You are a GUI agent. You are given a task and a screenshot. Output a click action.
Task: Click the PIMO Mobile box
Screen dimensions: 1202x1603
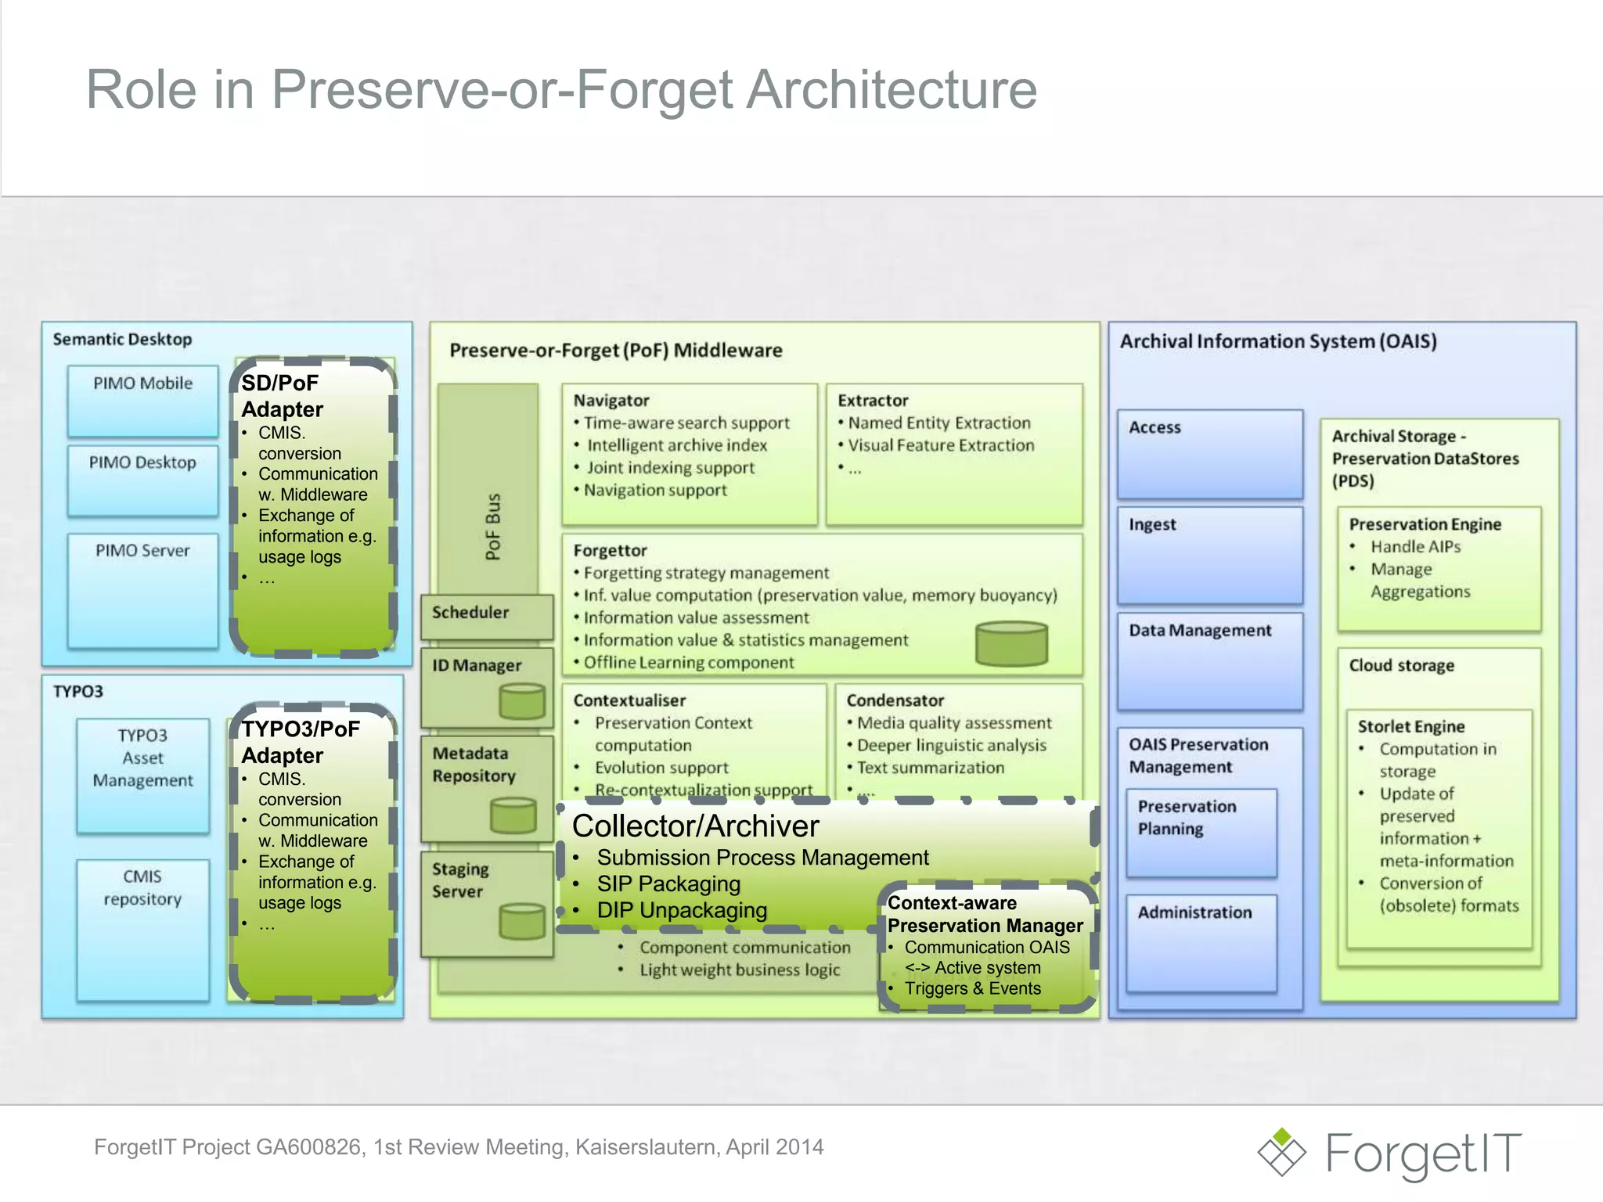[142, 401]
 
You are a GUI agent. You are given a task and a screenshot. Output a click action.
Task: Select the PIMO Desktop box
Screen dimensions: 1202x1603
[142, 480]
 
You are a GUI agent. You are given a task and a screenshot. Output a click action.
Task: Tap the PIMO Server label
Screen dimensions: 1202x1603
[142, 551]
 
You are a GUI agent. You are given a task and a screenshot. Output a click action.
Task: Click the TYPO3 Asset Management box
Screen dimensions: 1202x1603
[142, 775]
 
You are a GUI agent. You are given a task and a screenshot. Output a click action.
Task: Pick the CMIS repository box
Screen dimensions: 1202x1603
[142, 930]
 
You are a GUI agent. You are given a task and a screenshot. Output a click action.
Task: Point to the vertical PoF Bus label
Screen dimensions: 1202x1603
[492, 527]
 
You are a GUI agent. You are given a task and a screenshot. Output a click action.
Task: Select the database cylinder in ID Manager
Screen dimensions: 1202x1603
[522, 700]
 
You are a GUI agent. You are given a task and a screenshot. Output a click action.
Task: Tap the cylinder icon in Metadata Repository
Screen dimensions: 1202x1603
[513, 815]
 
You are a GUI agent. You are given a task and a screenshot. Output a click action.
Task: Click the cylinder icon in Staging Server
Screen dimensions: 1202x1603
[522, 920]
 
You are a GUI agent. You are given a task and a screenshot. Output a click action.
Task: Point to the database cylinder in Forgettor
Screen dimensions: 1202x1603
[1011, 643]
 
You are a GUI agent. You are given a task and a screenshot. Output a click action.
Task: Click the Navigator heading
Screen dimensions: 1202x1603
[611, 401]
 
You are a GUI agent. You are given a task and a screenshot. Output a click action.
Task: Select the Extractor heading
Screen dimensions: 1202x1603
[873, 401]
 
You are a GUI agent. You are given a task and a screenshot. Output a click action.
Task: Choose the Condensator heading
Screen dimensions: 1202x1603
[895, 700]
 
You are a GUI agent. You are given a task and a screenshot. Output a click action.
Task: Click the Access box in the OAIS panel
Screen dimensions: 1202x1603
[1209, 454]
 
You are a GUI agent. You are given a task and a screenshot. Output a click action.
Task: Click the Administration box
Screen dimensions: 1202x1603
[1201, 943]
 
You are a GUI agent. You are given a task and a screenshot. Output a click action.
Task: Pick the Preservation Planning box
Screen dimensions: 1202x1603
[1201, 833]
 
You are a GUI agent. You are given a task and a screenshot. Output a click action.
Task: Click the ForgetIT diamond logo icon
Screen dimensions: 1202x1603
[1281, 1152]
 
